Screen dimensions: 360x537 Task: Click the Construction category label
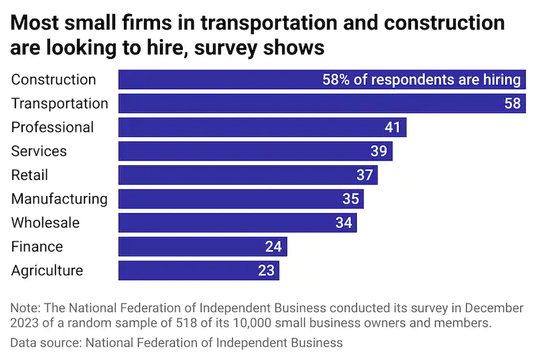54,80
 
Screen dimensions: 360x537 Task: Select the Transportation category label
60,104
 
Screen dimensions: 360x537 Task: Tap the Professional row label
52,127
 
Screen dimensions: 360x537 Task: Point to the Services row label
39,151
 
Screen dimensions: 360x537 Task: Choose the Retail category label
29,175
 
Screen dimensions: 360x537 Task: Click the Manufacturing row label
59,199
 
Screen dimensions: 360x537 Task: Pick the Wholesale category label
45,223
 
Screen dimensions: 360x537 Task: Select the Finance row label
37,247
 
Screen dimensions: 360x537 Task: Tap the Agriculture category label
47,270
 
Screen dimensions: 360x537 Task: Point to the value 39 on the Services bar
379,151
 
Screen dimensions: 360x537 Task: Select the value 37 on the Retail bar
364,175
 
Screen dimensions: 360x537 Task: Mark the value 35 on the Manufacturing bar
350,199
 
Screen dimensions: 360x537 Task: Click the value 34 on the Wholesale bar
343,223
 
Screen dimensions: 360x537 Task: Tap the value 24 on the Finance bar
273,247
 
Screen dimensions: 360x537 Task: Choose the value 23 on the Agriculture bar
266,270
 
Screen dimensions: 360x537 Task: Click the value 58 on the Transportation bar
513,104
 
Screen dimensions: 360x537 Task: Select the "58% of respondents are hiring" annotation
421,80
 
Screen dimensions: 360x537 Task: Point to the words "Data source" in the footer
42,343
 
